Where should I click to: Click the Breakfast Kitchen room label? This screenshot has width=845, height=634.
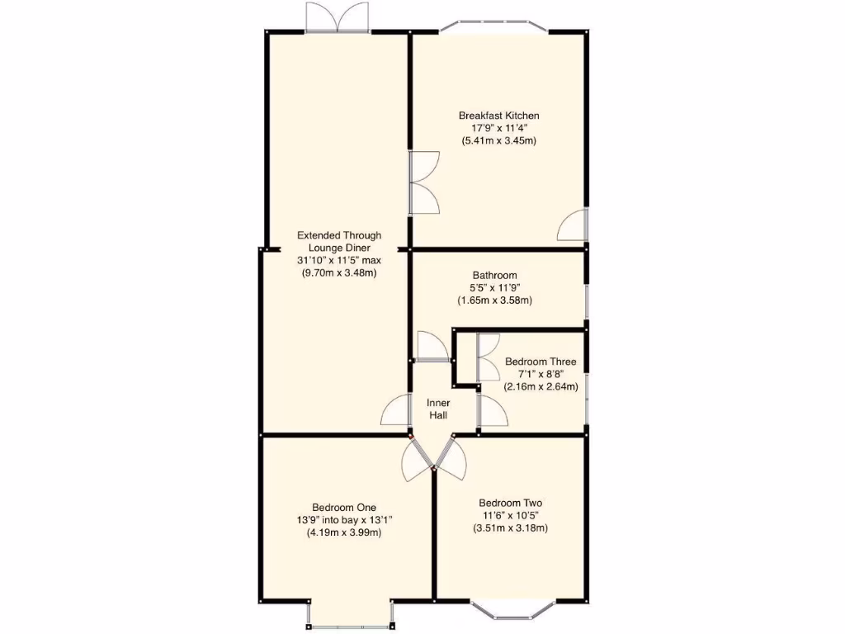pos(498,116)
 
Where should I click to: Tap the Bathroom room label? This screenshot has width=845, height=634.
pos(494,276)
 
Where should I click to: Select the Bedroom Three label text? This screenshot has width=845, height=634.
pos(541,362)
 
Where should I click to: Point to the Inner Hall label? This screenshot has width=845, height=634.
pos(438,409)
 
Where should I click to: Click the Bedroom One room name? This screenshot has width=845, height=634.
pos(344,507)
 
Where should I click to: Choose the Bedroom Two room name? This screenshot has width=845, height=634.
pos(510,503)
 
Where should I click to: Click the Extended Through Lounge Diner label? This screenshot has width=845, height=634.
pos(339,241)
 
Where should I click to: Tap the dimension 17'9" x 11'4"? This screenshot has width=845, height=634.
pos(498,128)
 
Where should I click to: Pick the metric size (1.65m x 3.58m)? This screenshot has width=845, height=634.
pos(494,300)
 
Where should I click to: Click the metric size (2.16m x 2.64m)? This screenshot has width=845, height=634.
pos(541,386)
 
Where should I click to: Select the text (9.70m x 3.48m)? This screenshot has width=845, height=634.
pos(339,272)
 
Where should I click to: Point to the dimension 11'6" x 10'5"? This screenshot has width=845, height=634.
pos(510,515)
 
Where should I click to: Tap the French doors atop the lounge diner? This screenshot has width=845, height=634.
pos(336,17)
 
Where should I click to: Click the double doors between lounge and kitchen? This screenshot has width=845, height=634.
pos(424,183)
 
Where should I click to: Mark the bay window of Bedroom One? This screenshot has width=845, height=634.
pos(350,617)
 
